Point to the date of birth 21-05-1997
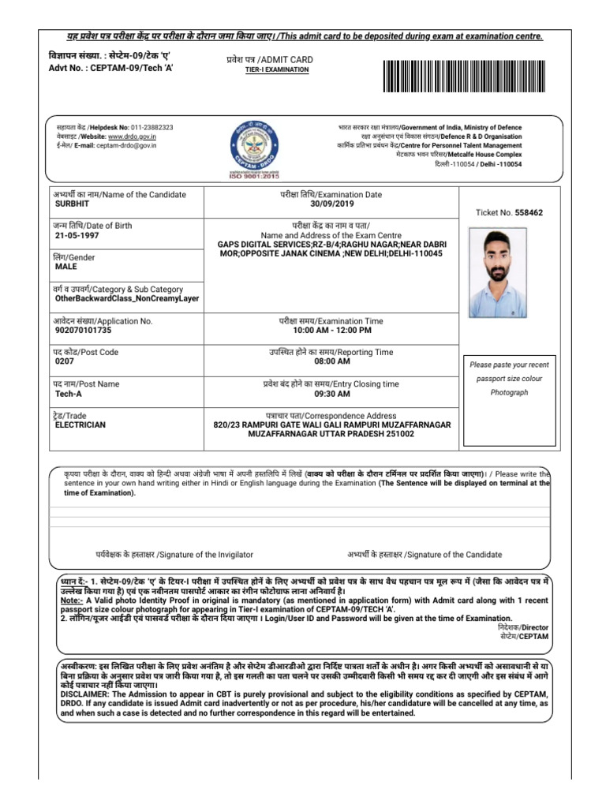coord(77,235)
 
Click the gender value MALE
coord(65,267)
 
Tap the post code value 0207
coord(64,361)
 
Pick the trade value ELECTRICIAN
coord(80,424)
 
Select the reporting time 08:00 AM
coord(331,361)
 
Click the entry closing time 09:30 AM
coord(331,393)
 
